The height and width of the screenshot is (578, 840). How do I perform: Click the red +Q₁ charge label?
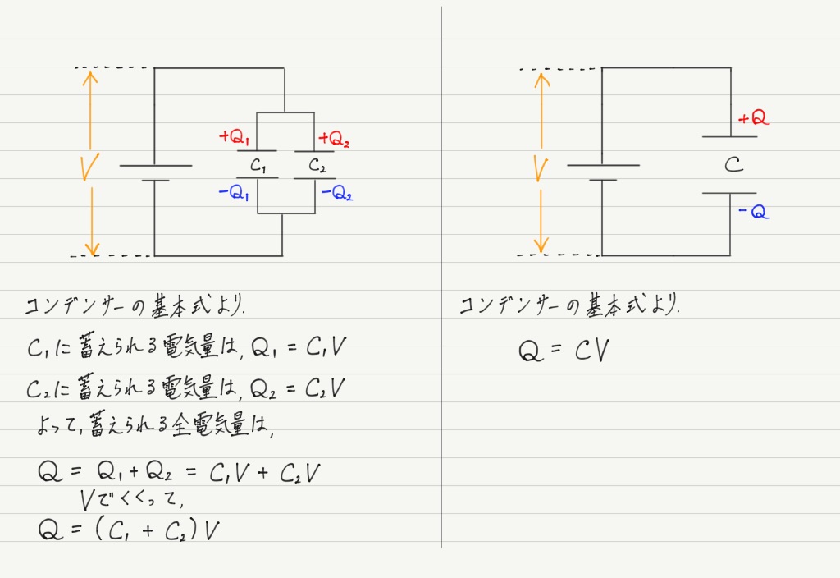click(235, 137)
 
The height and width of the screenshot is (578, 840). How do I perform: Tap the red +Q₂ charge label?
click(334, 137)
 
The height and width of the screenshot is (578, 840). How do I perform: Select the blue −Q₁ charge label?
click(234, 195)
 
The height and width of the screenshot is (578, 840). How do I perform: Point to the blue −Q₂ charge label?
click(336, 195)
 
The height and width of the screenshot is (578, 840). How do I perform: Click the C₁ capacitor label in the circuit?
click(259, 166)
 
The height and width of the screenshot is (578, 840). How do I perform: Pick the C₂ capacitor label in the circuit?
click(317, 166)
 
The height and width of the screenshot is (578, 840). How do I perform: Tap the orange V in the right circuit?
click(540, 168)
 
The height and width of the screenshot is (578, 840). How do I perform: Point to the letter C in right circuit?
click(733, 165)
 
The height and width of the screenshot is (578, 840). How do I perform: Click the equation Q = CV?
click(567, 351)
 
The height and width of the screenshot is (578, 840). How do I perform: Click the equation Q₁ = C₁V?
click(299, 348)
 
